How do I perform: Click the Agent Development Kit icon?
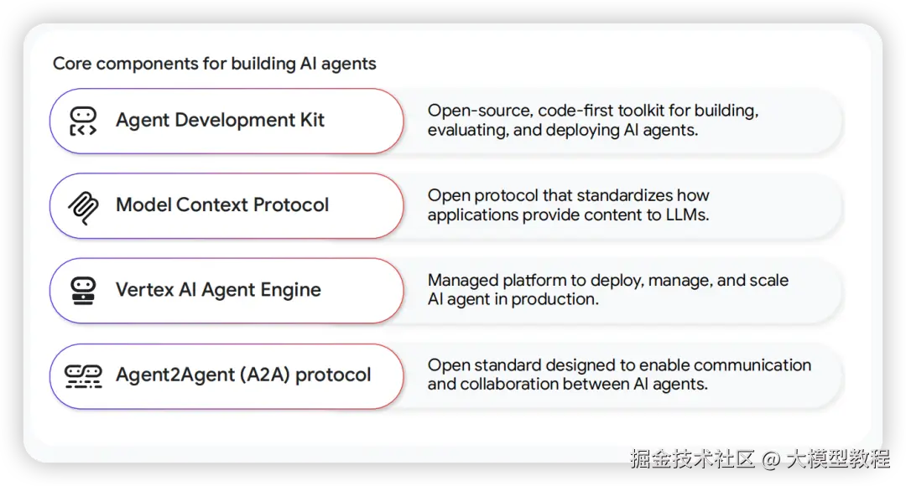[83, 121]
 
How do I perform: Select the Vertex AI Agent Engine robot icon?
[83, 290]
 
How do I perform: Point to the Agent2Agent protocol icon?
[83, 376]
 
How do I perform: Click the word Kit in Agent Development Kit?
[312, 120]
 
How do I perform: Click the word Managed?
[463, 281]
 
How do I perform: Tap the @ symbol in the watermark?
[771, 460]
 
